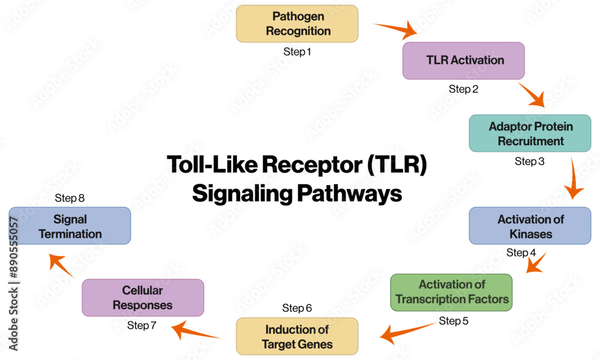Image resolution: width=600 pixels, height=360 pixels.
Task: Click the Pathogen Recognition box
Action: [297, 24]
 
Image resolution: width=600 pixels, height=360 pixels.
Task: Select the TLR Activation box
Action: [463, 61]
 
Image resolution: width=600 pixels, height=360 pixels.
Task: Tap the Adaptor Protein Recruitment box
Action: [530, 134]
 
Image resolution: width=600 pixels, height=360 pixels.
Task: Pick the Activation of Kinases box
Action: [530, 226]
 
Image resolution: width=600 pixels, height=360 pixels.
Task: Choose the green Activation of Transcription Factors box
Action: [451, 292]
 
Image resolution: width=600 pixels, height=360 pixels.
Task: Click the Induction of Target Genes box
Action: [297, 337]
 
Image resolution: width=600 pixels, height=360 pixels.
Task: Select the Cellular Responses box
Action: [143, 298]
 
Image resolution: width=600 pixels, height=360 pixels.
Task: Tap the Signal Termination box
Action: [70, 226]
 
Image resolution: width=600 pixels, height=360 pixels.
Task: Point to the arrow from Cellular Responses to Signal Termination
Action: [61, 265]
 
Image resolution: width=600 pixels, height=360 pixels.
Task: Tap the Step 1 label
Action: [297, 52]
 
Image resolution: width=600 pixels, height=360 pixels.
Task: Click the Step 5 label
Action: [454, 321]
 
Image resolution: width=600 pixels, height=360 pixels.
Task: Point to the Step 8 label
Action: [70, 198]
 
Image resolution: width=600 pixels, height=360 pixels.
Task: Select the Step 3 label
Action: [530, 161]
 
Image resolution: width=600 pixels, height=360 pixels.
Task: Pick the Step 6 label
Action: [297, 308]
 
